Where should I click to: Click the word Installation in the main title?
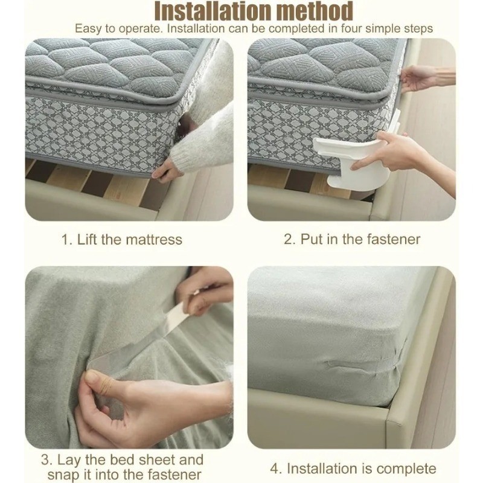pyautogui.click(x=213, y=11)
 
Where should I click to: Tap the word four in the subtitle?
pyautogui.click(x=351, y=28)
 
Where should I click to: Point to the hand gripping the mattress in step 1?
pyautogui.click(x=165, y=170)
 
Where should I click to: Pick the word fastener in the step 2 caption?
pyautogui.click(x=394, y=239)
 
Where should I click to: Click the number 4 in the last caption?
pyautogui.click(x=275, y=469)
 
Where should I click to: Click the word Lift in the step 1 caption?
pyautogui.click(x=86, y=240)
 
